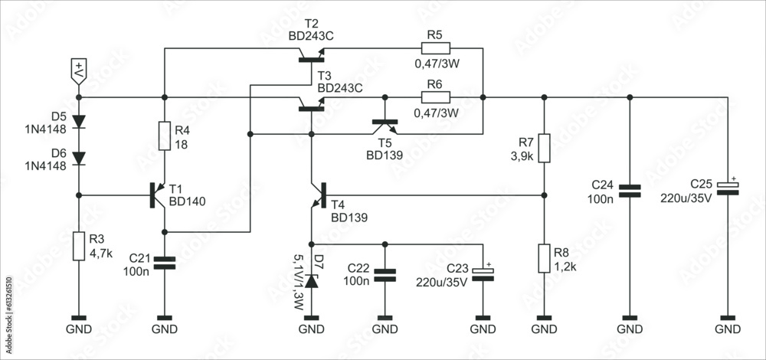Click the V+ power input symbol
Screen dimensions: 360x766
click(79, 70)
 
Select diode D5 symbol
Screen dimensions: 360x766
click(79, 122)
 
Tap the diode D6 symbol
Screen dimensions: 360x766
click(79, 158)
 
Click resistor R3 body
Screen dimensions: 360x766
click(79, 247)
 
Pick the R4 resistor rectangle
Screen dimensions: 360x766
click(165, 136)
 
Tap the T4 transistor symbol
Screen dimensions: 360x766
click(317, 196)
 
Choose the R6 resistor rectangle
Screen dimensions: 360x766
click(435, 97)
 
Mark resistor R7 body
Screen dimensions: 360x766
click(543, 148)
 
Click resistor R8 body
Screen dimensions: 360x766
click(543, 259)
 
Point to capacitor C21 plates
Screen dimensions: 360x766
click(165, 263)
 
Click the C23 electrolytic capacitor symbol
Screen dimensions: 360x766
click(483, 273)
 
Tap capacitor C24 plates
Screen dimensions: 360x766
click(630, 191)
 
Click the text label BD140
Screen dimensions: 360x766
click(188, 202)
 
